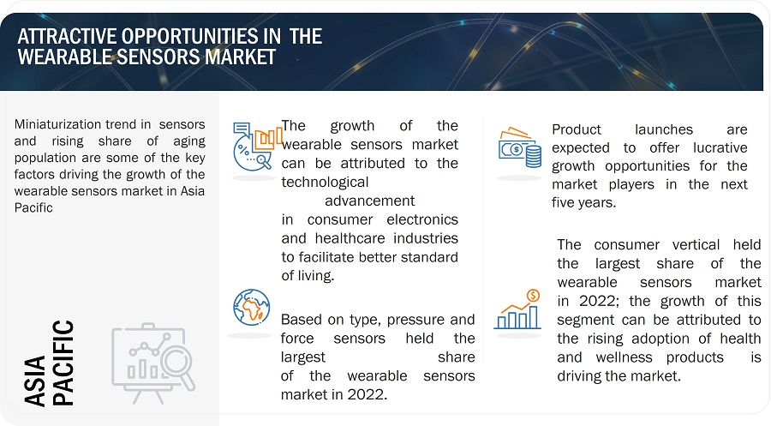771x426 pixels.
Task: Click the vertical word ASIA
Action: click(35, 381)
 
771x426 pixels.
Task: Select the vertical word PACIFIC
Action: click(63, 363)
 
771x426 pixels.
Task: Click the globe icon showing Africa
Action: click(252, 308)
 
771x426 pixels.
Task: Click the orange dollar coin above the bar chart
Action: click(533, 296)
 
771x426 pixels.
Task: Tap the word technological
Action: click(325, 183)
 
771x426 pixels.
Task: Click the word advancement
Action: click(370, 201)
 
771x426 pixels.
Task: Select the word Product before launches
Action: click(577, 130)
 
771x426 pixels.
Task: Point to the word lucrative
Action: click(720, 148)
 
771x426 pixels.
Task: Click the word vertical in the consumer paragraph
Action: click(696, 245)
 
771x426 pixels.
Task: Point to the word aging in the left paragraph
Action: click(189, 142)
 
